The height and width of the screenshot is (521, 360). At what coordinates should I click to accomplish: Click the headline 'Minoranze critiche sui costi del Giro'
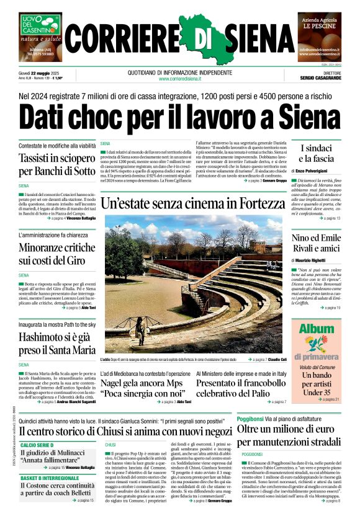pyautogui.click(x=56, y=254)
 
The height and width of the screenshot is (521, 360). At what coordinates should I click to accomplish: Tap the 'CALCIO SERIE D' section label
pyautogui.click(x=38, y=445)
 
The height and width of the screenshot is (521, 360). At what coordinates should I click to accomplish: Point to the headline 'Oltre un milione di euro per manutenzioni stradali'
pyautogui.click(x=289, y=435)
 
